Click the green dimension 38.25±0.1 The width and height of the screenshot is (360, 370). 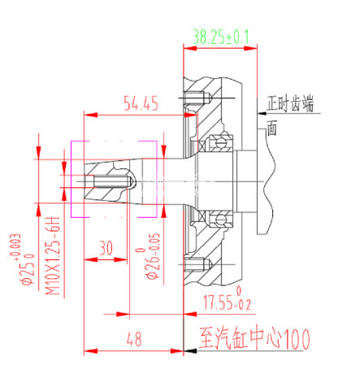(221, 37)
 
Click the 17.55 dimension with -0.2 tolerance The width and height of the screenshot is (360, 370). (216, 303)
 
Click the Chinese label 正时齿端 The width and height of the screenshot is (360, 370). (289, 103)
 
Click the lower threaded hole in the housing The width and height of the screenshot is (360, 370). (197, 264)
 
